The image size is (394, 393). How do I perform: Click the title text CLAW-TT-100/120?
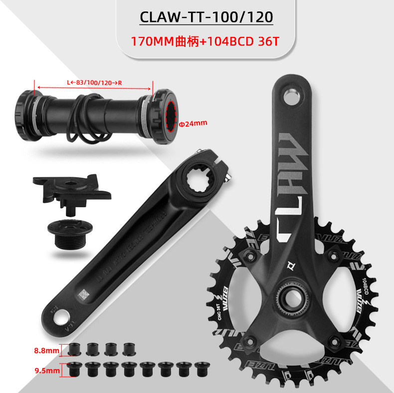tap(206, 17)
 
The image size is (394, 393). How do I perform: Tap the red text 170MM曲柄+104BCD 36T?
tap(204, 40)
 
